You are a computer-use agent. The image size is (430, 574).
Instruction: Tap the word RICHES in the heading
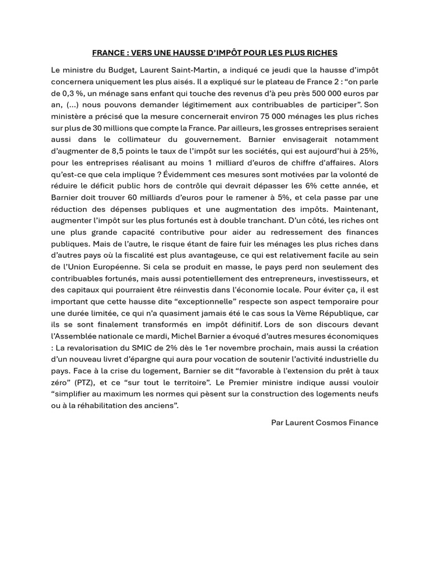pos(323,53)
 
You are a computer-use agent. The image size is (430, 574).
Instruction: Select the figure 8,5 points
pos(130,151)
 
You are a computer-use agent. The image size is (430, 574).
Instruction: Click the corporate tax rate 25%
pos(369,151)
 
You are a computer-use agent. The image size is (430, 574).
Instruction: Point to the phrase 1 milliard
pos(238,163)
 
